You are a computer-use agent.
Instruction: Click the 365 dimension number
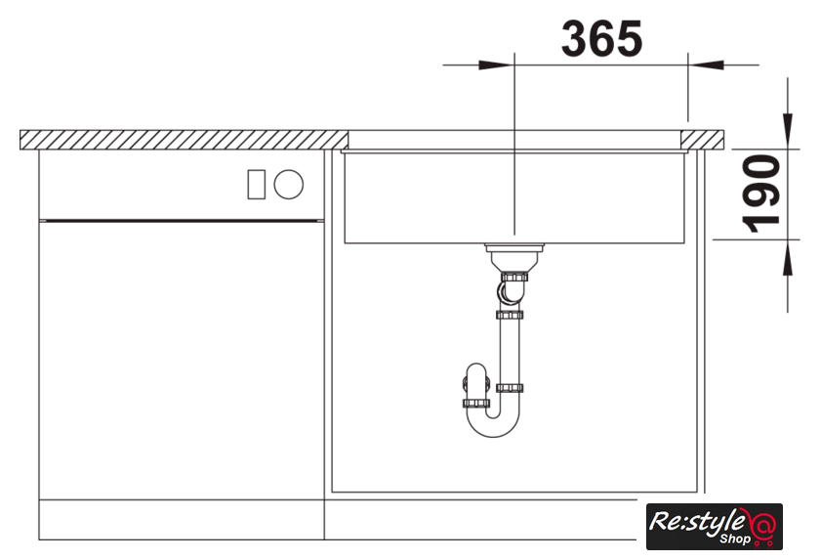point(601,38)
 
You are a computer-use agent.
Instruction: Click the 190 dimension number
point(761,194)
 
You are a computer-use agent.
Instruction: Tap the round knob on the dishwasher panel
point(289,185)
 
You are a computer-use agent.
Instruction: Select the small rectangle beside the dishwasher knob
point(256,185)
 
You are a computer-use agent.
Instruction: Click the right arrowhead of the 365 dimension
point(706,65)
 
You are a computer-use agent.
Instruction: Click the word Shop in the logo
point(735,538)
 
